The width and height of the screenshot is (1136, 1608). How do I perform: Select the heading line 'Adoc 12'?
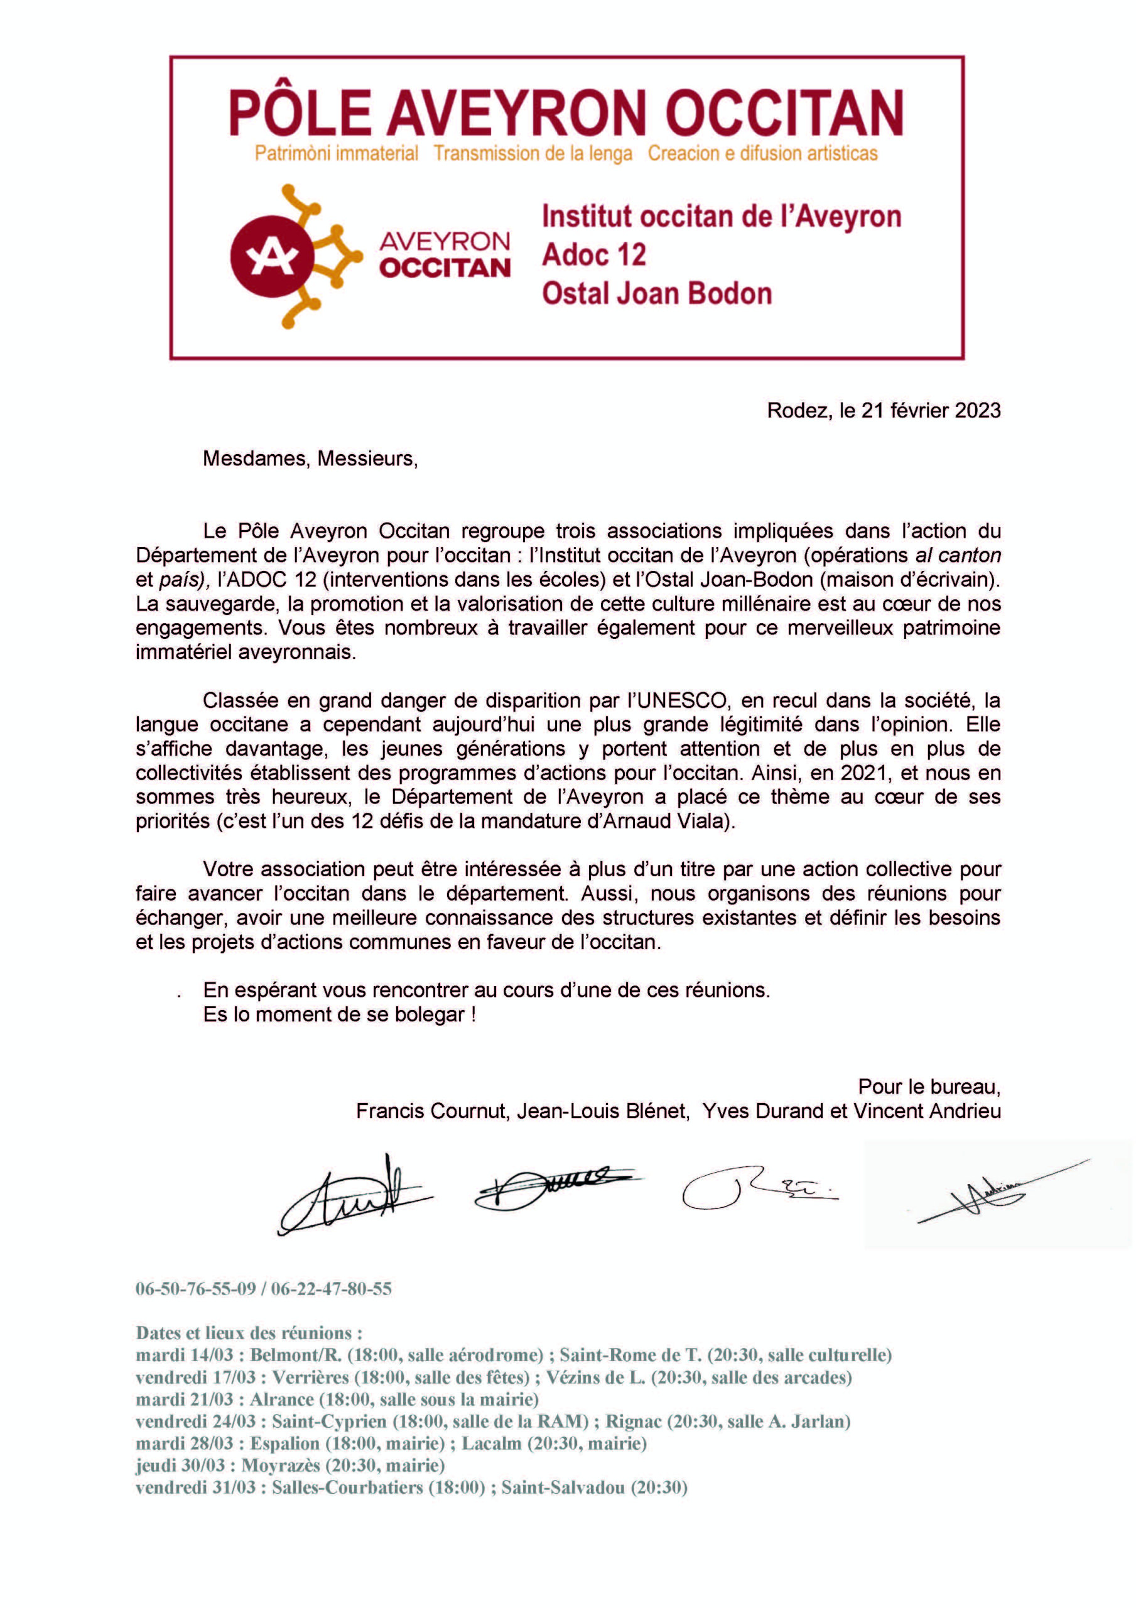(594, 254)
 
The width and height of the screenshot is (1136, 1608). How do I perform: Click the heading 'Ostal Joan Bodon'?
(656, 293)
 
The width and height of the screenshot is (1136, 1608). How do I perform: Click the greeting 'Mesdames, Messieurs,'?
(310, 459)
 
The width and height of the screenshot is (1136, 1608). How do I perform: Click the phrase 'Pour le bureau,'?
(929, 1086)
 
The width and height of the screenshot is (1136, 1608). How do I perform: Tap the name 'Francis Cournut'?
(431, 1111)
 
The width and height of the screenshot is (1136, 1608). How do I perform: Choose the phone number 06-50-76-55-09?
(195, 1289)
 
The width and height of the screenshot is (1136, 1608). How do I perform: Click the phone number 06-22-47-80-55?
(332, 1289)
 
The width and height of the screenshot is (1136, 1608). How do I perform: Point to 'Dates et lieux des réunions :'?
(249, 1333)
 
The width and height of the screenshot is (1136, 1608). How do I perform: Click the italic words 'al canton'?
(958, 555)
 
